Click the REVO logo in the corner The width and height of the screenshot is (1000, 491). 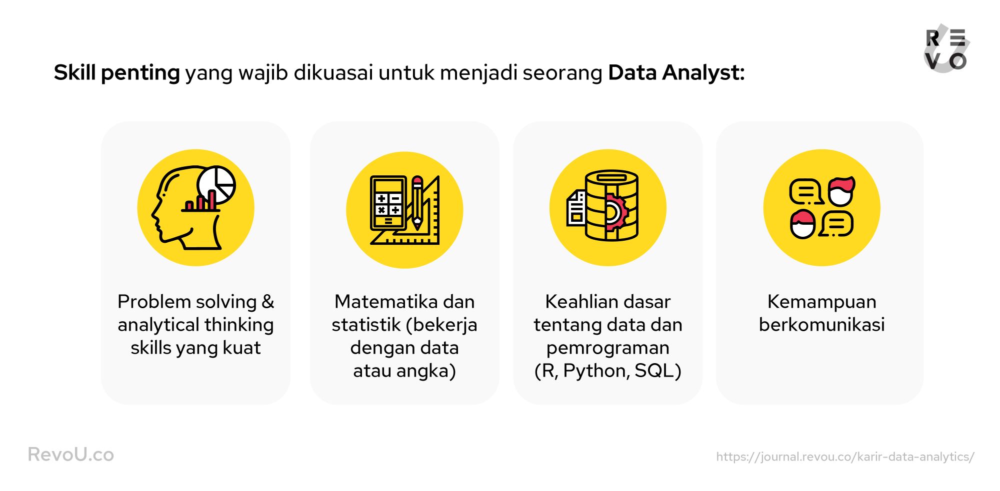click(946, 49)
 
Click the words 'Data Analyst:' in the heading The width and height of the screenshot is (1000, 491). click(676, 73)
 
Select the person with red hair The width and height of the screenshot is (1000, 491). click(841, 191)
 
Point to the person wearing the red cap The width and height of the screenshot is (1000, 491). click(803, 224)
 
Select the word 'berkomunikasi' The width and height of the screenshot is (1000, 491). click(822, 325)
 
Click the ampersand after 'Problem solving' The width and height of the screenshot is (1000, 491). click(268, 302)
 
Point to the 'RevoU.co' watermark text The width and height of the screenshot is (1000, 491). click(71, 455)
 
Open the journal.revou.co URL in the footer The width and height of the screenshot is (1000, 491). click(845, 457)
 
